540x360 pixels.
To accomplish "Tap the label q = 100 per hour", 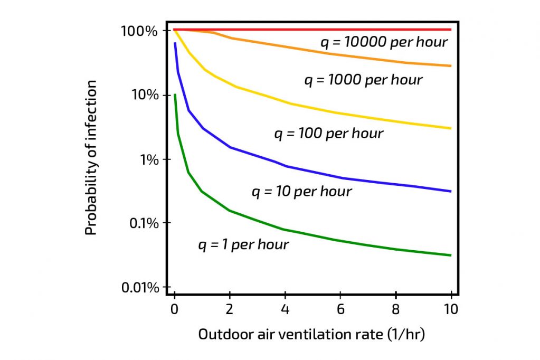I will click(x=328, y=134).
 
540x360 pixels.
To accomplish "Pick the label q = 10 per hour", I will click(x=301, y=192).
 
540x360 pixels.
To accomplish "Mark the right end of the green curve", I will click(x=451, y=255).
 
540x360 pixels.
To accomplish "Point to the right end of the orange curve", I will click(x=451, y=66).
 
